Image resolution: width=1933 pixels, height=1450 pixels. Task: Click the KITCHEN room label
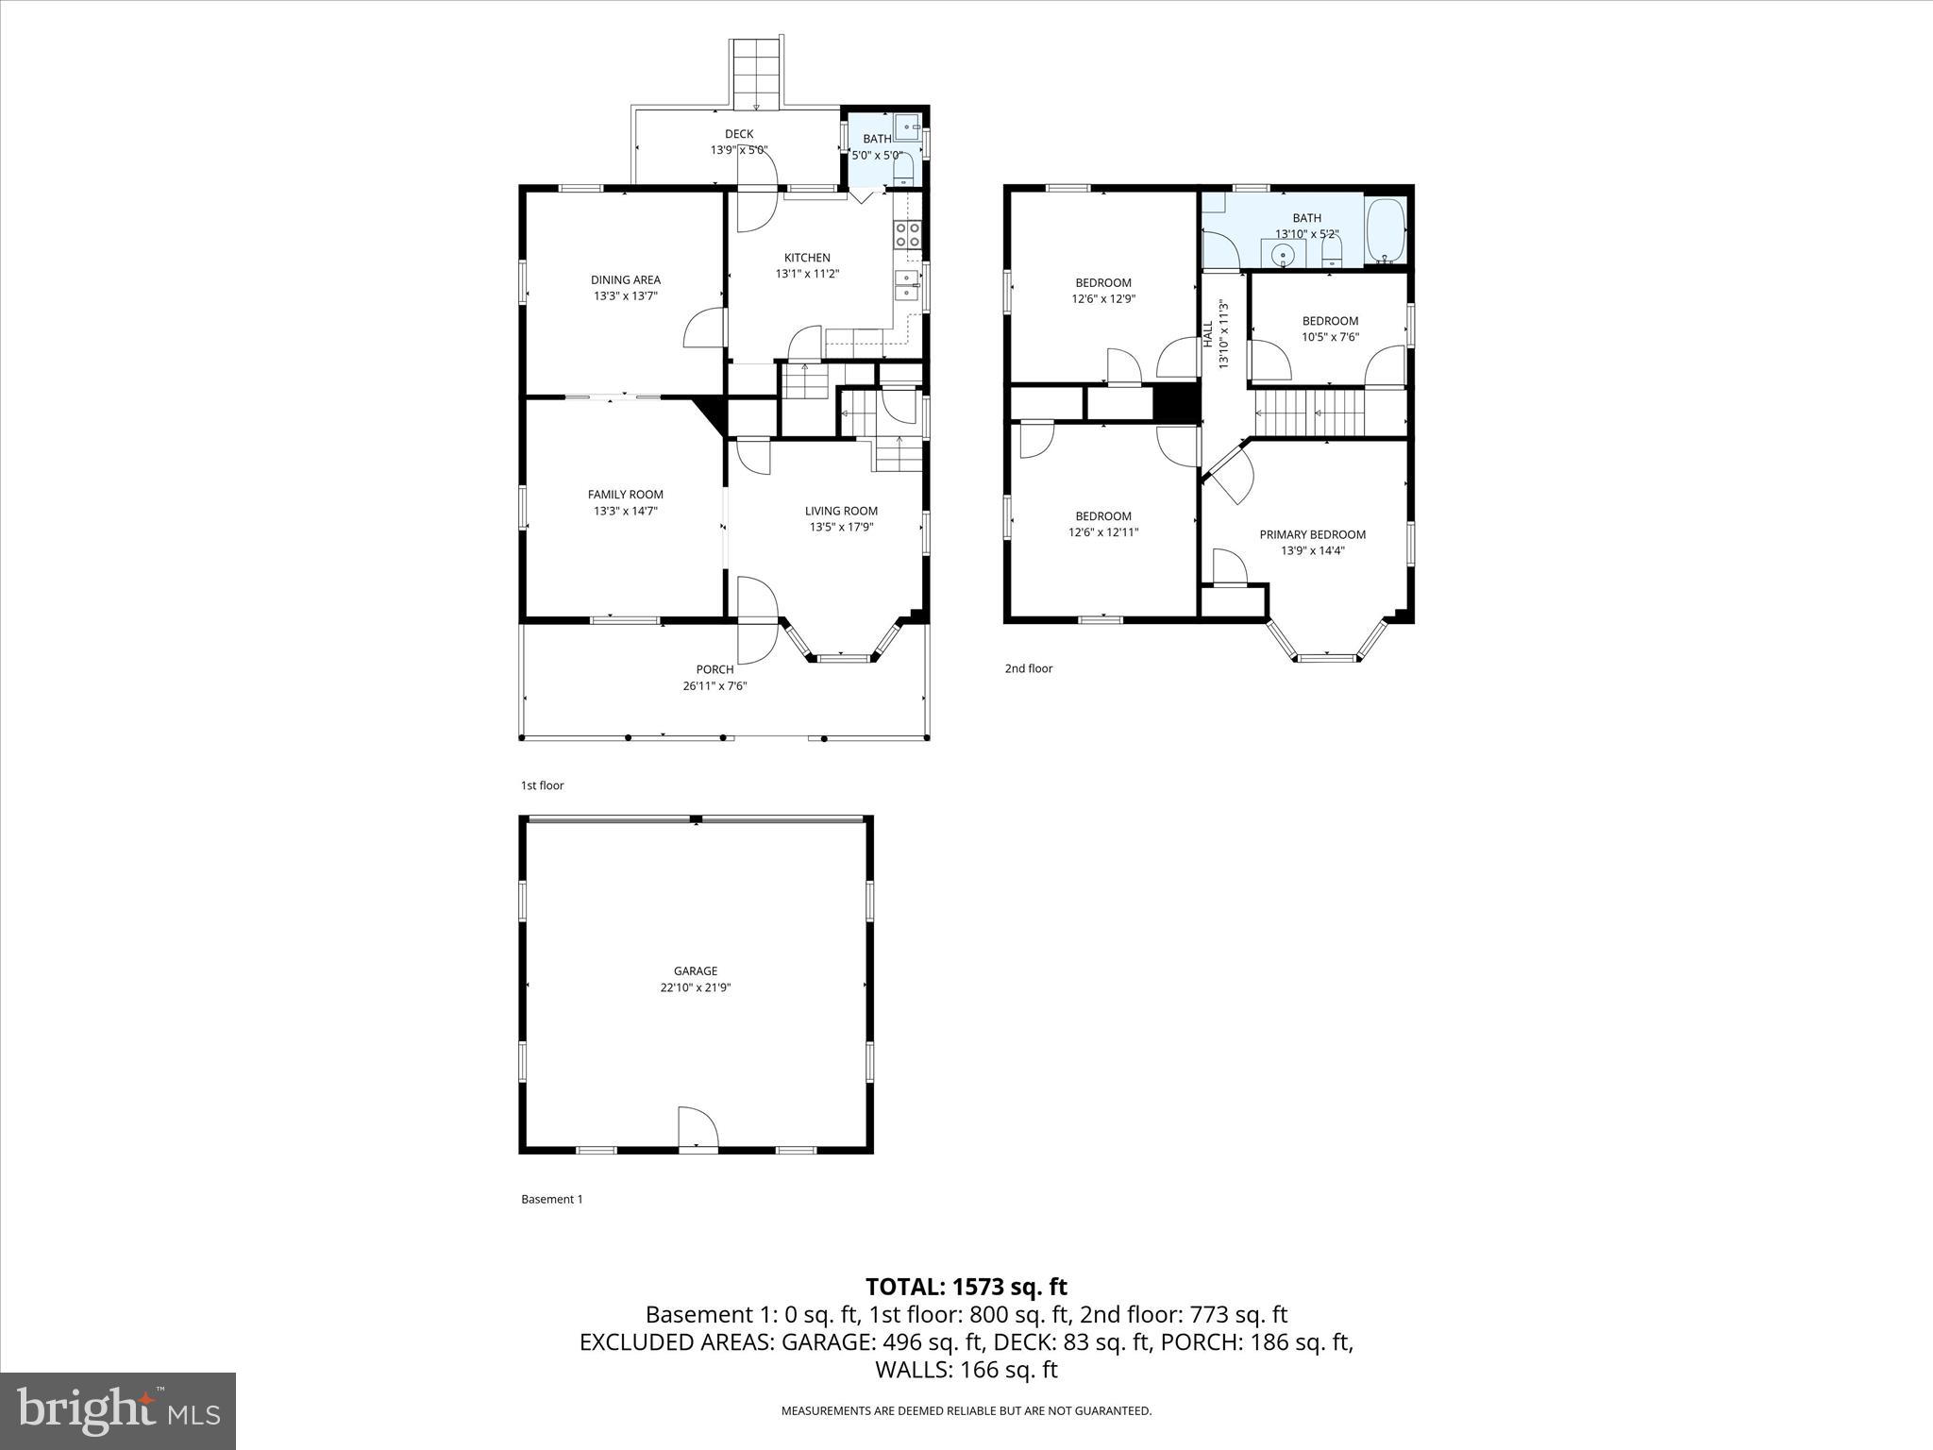tap(807, 258)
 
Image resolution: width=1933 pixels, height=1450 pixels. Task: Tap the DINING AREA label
tap(625, 279)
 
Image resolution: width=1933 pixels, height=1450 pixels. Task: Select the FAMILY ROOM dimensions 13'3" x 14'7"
tap(625, 511)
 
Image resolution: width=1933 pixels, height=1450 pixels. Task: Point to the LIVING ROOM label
tap(841, 511)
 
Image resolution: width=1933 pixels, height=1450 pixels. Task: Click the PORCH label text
tap(714, 669)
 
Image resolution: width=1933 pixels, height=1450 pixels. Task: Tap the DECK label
tap(738, 134)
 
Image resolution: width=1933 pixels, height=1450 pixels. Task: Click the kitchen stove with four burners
tap(907, 234)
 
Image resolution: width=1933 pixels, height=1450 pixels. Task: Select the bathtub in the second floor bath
tap(1385, 230)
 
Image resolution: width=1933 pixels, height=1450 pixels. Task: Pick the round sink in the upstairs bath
tap(1282, 254)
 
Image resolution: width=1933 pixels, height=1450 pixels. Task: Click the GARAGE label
tap(696, 970)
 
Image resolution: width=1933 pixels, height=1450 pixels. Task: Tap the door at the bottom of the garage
tap(698, 1129)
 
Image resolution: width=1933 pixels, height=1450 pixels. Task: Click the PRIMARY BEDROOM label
tap(1312, 534)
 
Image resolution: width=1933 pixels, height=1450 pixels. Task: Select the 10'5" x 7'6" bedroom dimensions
tap(1330, 337)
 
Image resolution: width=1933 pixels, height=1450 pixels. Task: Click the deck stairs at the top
tap(756, 74)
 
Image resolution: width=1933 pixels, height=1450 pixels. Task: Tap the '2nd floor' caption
tap(1028, 668)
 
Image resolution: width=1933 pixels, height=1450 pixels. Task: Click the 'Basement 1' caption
tap(552, 1199)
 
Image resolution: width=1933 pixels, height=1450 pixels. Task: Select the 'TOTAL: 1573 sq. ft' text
tap(966, 1287)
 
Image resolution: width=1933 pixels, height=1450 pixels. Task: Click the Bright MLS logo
tap(118, 1410)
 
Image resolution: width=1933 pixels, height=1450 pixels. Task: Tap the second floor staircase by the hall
tap(1310, 413)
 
